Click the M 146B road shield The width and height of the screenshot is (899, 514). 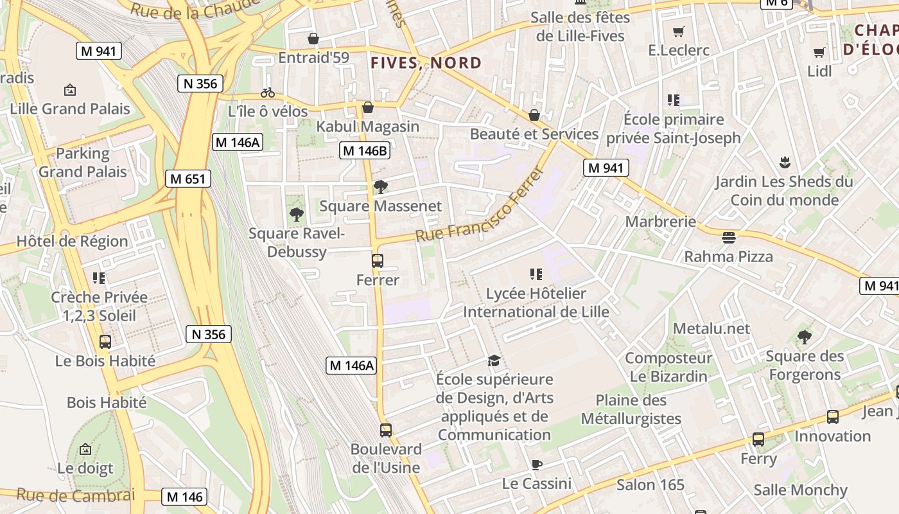[x=365, y=150]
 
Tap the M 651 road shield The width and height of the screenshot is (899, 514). [x=188, y=179]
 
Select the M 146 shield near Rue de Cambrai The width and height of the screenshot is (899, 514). [x=185, y=496]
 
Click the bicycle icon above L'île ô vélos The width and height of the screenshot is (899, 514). [x=268, y=93]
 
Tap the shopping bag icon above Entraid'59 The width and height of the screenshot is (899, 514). [x=313, y=39]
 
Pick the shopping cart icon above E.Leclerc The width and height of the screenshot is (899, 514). [x=678, y=31]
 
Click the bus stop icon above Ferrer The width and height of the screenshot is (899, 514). [x=378, y=261]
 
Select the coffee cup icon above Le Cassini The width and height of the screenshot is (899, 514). [x=537, y=465]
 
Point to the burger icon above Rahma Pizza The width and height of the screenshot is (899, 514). [x=728, y=238]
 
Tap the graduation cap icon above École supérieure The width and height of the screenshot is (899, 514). [x=494, y=360]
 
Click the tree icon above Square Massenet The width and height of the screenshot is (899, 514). [x=380, y=187]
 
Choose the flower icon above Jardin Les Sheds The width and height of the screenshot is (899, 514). [x=784, y=162]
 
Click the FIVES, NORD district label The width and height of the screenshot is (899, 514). [x=426, y=63]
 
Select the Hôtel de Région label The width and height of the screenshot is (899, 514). [x=72, y=242]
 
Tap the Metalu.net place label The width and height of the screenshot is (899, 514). [x=711, y=329]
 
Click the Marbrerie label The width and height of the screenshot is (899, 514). [x=661, y=222]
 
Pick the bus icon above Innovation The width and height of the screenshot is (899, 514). [x=833, y=417]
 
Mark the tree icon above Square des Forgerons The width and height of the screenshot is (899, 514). [x=804, y=337]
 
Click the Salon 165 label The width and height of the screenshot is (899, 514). [x=650, y=484]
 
